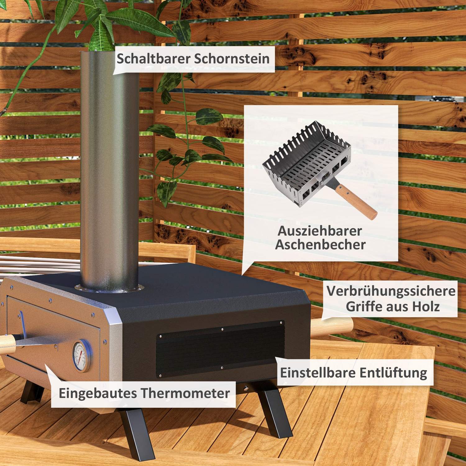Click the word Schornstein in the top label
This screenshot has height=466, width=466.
(x=232, y=59)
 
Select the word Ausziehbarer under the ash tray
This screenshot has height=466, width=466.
(x=320, y=231)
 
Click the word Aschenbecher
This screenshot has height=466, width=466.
(x=320, y=245)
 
